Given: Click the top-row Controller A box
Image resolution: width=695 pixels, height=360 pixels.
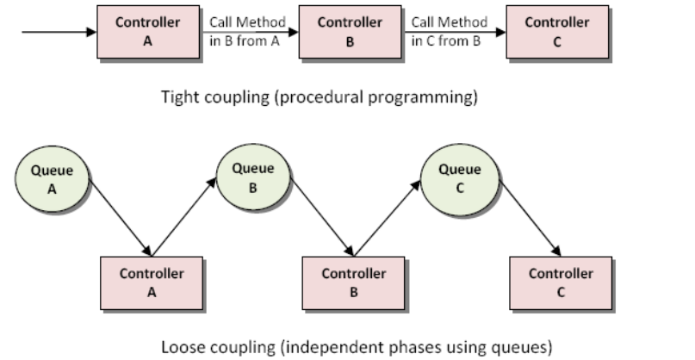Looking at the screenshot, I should coord(148,31).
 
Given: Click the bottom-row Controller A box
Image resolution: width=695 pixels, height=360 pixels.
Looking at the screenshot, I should coord(152,282).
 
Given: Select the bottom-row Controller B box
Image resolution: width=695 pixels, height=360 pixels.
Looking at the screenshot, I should coord(353,282).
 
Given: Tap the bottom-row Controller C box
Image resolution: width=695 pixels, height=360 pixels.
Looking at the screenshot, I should coord(560,282).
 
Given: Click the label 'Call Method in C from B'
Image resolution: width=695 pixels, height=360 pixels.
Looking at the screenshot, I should coord(449,31).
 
